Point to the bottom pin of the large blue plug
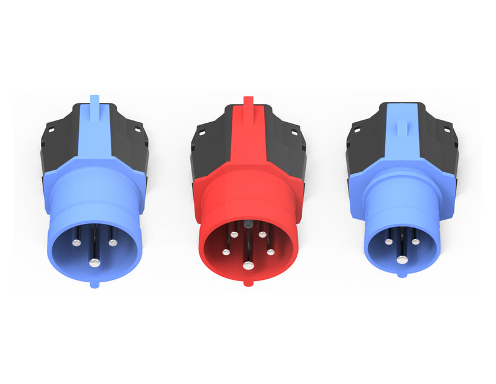coord(94,262)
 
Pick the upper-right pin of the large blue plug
coord(112,243)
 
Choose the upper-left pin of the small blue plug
coord(388,241)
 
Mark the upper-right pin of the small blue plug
coord(415,241)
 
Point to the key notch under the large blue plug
coord(94,284)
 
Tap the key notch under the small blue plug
coord(401,276)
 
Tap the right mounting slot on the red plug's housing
coord(293,131)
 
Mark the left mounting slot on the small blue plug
coord(356,129)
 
